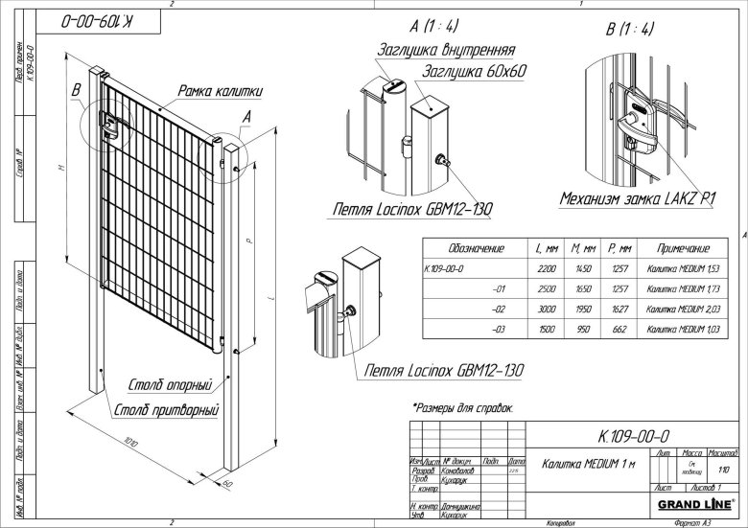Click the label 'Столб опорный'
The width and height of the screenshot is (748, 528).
pyautogui.click(x=170, y=385)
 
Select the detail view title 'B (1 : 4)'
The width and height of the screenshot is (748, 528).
pyautogui.click(x=630, y=28)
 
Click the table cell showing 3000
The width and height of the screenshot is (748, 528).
pyautogui.click(x=542, y=310)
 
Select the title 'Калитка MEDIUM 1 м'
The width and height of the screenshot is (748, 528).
pyautogui.click(x=580, y=465)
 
